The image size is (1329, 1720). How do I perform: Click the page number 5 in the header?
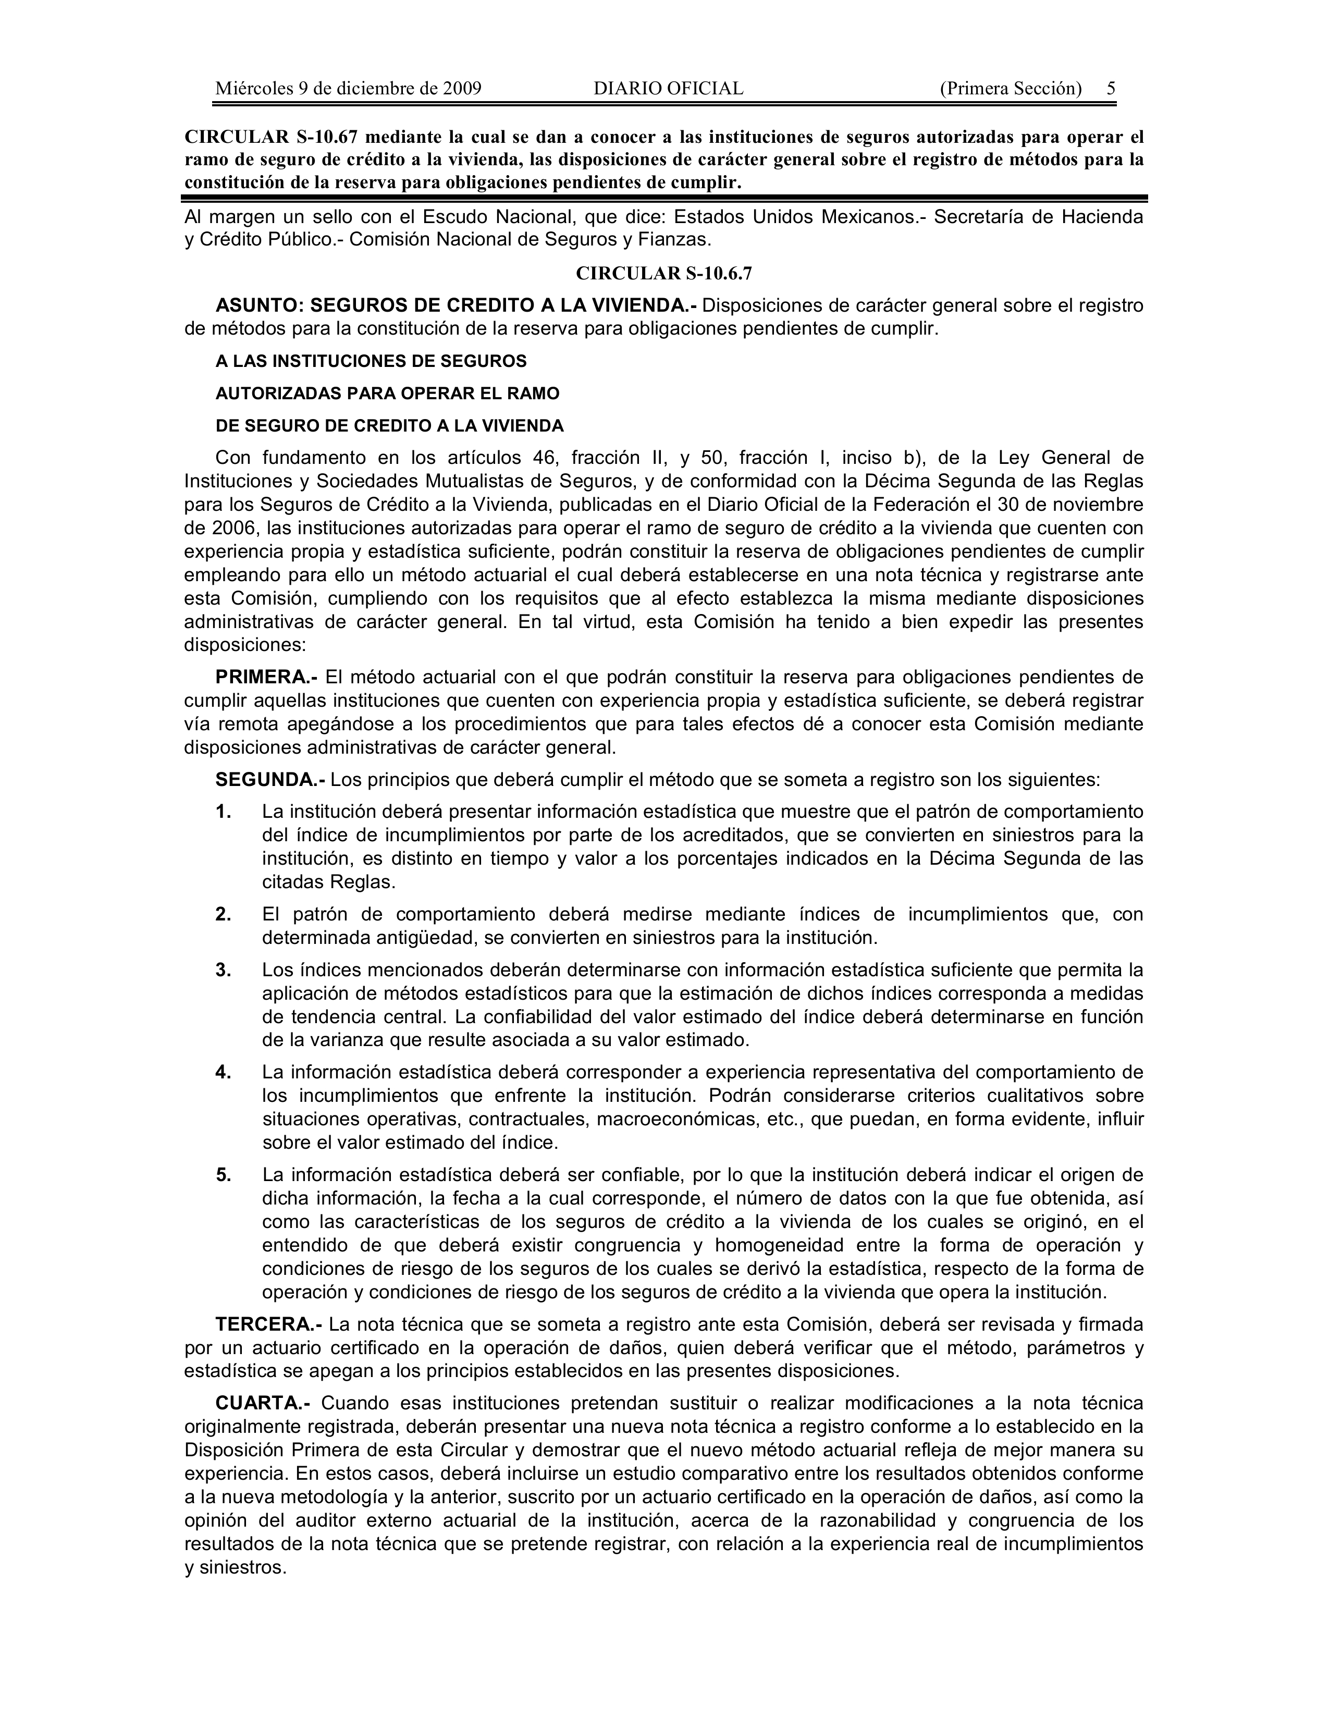[1111, 88]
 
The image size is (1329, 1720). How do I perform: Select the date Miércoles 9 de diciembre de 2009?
[348, 88]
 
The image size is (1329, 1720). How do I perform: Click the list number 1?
[224, 812]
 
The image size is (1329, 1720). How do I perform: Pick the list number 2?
[224, 914]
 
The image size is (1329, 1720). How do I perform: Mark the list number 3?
[224, 970]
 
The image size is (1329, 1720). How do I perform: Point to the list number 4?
[224, 1073]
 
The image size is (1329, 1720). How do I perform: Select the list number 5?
[224, 1175]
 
